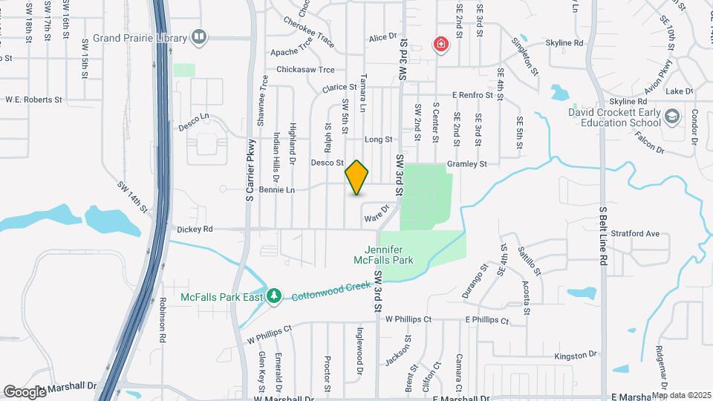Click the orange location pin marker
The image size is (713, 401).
coord(357,177)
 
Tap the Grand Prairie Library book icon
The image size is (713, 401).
coord(198,36)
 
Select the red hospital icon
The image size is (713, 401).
coord(441,45)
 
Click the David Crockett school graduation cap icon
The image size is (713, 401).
coord(672,117)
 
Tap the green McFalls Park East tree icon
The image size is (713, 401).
coord(274,296)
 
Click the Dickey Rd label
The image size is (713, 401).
coord(193,229)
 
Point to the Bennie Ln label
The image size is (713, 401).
coord(277,190)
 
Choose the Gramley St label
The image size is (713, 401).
coord(466,163)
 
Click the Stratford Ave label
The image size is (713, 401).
coord(641,233)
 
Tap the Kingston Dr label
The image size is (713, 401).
coord(576,356)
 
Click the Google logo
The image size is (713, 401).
coord(25,391)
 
